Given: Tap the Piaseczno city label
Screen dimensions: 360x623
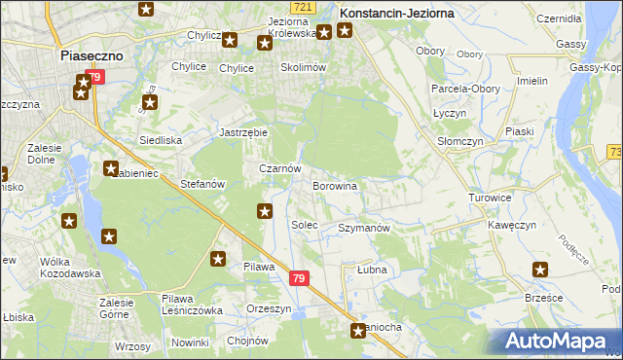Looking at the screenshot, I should pos(91,56).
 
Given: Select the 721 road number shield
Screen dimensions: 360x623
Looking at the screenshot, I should pos(303,7).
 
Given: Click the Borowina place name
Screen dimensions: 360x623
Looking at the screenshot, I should pos(335,185).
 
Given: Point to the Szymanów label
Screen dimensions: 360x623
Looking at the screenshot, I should pos(363,228).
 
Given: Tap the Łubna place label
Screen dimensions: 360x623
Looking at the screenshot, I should pos(372,270).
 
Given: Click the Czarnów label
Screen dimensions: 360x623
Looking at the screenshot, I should pos(278,168).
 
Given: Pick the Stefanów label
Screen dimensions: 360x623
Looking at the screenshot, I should pos(203,184).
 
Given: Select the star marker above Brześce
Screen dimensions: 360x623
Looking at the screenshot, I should pos(540,270).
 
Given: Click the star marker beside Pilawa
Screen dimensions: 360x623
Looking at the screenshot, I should pos(219,259).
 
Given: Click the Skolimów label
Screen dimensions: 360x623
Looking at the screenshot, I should pos(302,67).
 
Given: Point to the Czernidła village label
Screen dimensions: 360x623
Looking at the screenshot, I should pos(558,18).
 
